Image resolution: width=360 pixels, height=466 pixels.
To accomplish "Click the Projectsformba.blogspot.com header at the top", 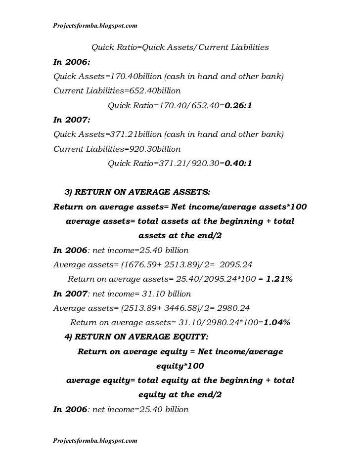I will [x=95, y=25].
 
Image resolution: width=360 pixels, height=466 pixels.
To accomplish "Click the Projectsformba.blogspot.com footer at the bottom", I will [x=95, y=439].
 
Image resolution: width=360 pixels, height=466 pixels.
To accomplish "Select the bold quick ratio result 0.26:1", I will [x=238, y=105].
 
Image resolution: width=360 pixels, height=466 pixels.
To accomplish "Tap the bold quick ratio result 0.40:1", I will [x=238, y=163].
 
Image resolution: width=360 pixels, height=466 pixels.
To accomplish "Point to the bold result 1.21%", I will [x=279, y=279].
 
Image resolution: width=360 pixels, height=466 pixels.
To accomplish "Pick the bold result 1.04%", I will [x=276, y=323].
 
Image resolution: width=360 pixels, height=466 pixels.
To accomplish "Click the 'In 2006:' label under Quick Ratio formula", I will [x=72, y=62].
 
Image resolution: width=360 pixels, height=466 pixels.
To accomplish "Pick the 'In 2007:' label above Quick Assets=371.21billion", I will [x=72, y=120].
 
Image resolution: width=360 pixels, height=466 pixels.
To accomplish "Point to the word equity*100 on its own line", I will [x=180, y=366].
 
